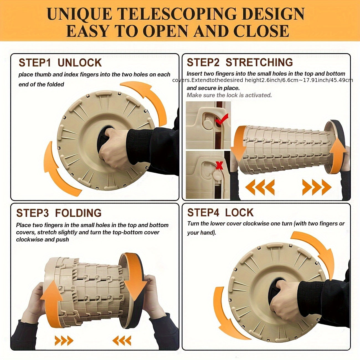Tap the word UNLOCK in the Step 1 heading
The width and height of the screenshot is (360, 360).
click(x=79, y=63)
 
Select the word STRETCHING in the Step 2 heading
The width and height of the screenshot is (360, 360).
click(x=259, y=62)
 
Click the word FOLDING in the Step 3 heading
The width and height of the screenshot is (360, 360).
click(x=78, y=213)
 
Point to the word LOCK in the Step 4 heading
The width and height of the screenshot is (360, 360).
click(x=239, y=212)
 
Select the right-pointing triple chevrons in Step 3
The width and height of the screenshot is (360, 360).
click(x=64, y=341)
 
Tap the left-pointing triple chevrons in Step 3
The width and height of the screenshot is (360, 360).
click(x=122, y=341)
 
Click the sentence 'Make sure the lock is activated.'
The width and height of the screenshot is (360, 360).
click(x=229, y=95)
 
